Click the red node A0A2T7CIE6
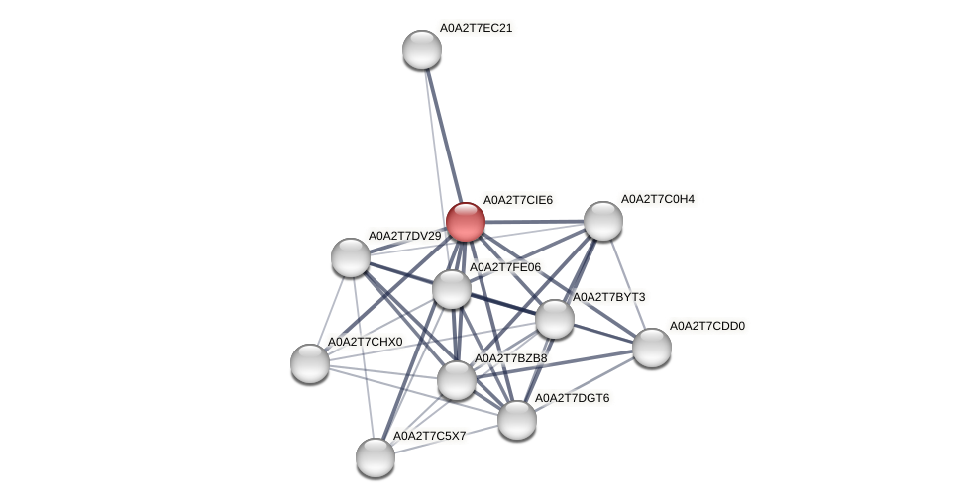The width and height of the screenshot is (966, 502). coord(465,221)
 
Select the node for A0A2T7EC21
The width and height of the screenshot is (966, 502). coord(422,50)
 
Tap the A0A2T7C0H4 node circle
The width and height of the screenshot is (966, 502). coord(602,220)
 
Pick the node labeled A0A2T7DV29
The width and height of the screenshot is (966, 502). coord(351,257)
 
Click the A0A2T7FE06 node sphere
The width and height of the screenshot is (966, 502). coord(452,289)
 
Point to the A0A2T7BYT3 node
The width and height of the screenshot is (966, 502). coord(555,319)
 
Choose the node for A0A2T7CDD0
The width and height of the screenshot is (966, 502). coord(652,348)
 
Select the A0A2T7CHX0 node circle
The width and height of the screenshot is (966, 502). coord(310,363)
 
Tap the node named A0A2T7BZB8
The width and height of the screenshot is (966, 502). coord(457,380)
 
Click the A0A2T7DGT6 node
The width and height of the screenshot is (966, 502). coord(517,420)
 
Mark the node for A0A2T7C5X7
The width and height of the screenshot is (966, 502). coord(376,456)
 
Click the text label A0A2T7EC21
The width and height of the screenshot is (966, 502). coord(476,28)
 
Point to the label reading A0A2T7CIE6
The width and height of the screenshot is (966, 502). coord(517,200)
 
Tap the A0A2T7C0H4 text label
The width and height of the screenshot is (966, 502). coord(657,199)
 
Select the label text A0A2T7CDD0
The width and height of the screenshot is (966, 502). coord(706,326)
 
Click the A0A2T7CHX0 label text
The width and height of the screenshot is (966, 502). coord(366,342)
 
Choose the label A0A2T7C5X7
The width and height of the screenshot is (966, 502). coord(429,436)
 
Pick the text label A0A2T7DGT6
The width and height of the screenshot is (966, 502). coord(572,398)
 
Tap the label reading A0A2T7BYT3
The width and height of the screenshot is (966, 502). coord(609,297)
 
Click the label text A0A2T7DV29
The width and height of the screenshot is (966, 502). coord(404,236)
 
